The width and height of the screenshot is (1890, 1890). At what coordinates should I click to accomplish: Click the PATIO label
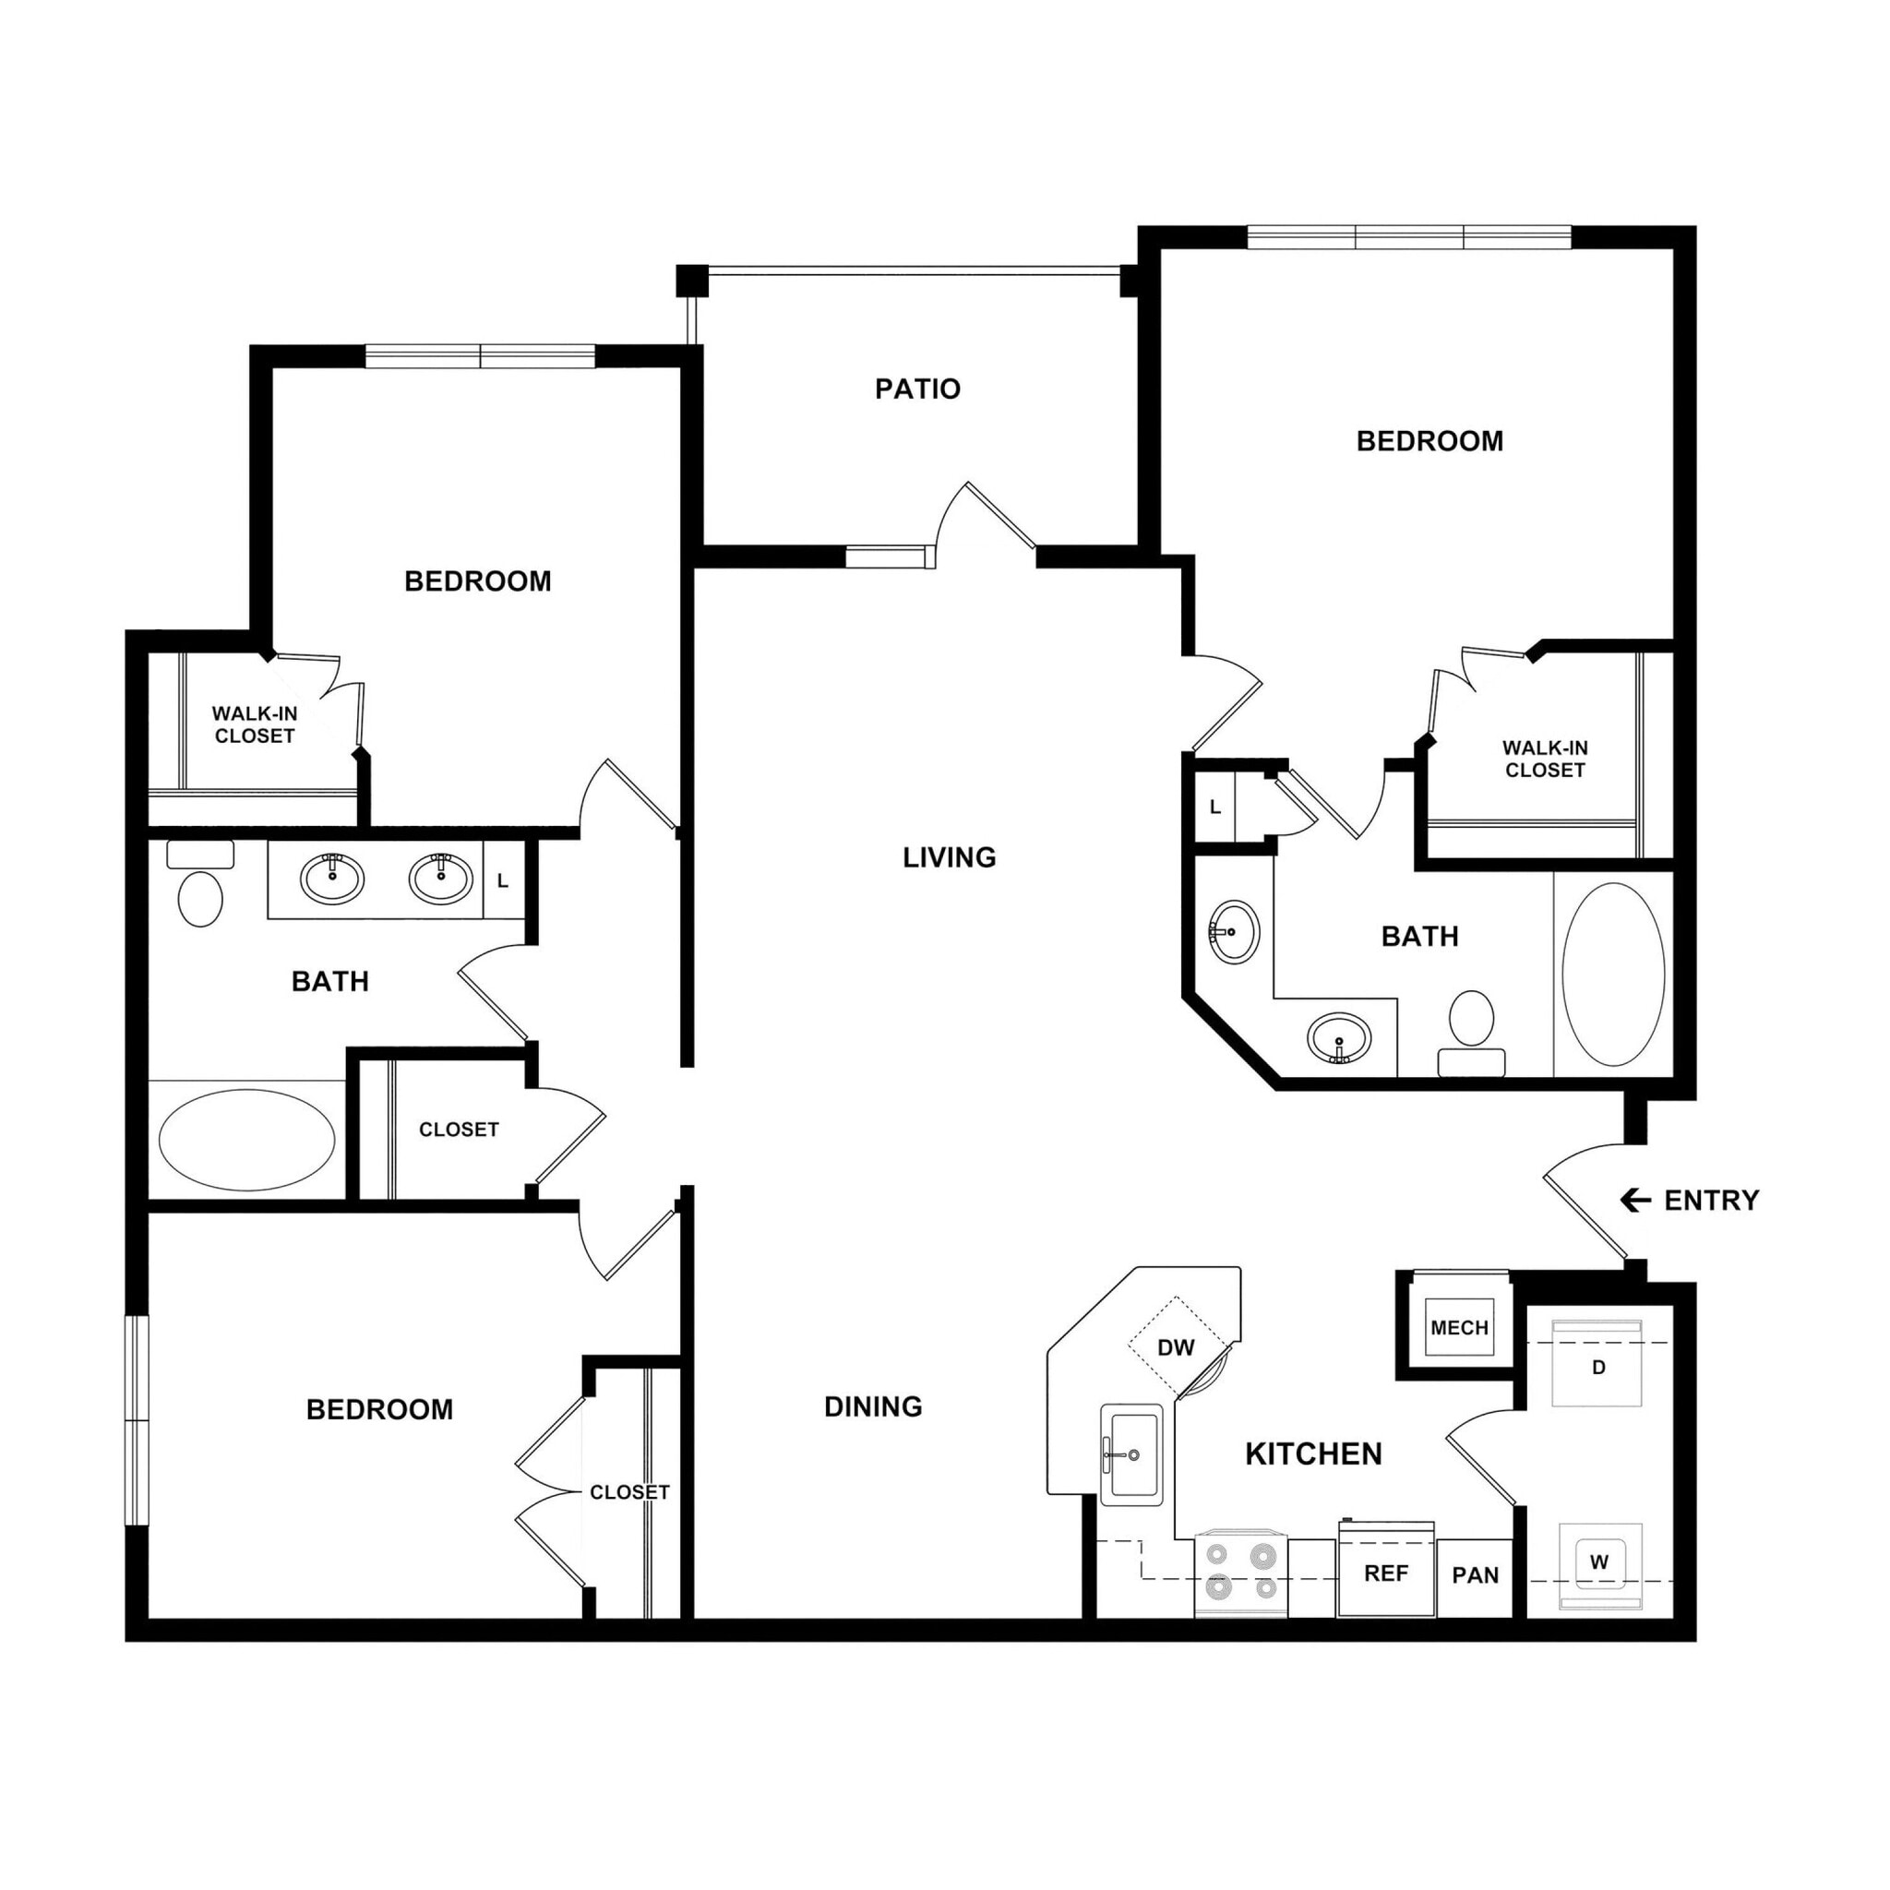[916, 389]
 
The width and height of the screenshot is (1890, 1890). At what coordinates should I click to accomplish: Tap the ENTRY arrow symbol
[1634, 1201]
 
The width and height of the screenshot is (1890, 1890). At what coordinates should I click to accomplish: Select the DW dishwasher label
[1176, 1348]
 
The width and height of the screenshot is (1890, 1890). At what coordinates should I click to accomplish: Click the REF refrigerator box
[1385, 1573]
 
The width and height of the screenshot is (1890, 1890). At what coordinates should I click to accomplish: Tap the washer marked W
[1598, 1563]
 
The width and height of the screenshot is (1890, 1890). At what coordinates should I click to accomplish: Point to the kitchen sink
[1131, 1454]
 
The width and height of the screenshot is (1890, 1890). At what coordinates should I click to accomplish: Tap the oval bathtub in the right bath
[1613, 975]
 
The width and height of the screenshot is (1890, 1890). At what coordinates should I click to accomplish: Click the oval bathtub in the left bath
[246, 1140]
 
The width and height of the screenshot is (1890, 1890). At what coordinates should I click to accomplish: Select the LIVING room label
[949, 858]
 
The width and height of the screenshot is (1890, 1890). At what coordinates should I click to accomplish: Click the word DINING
[873, 1406]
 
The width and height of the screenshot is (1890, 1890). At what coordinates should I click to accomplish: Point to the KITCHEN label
[1313, 1454]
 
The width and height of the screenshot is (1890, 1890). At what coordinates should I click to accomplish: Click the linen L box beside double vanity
[503, 881]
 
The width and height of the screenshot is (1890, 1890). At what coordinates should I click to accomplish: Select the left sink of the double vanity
[332, 878]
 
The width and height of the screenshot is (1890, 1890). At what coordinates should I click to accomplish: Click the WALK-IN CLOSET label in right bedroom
[1545, 760]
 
